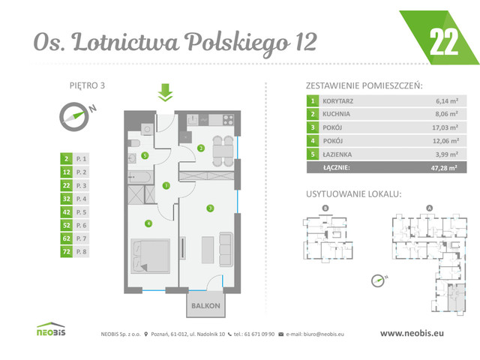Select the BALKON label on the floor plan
click(205, 306)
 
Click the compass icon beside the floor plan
click(73, 114)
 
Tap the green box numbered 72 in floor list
click(67, 252)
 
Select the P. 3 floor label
click(82, 185)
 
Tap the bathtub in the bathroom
click(140, 177)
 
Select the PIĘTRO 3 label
click(82, 85)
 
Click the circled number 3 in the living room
click(211, 208)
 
